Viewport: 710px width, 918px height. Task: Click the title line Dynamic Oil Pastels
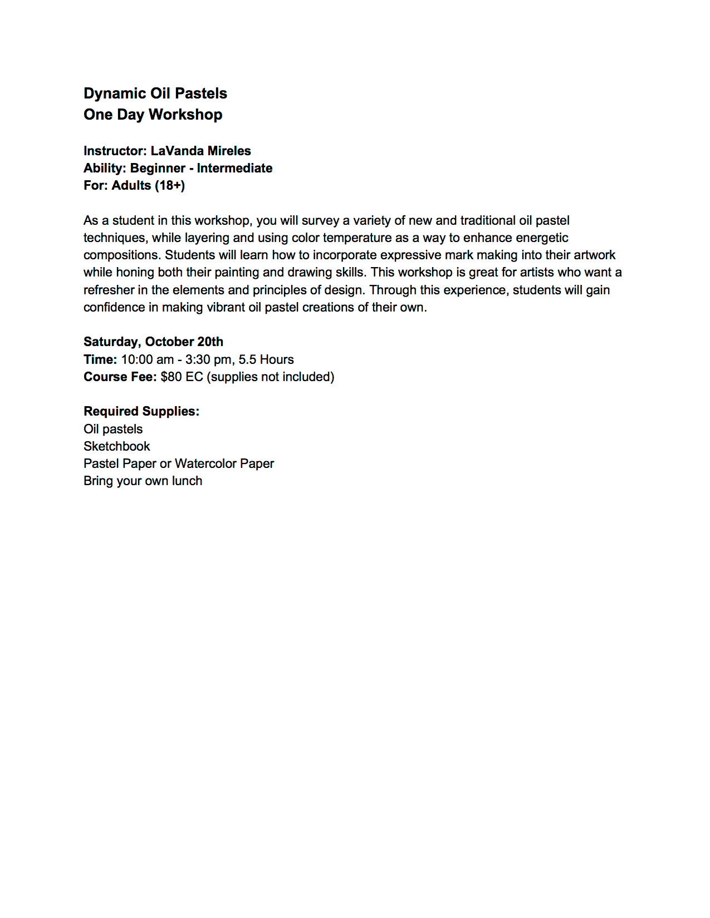155,93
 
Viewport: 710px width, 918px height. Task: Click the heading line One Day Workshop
153,115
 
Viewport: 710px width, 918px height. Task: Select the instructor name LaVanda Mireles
200,151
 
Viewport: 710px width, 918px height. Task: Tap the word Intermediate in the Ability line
234,168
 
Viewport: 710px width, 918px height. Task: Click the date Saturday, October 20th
153,342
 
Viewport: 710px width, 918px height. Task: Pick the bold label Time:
100,359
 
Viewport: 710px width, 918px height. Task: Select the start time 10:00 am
147,359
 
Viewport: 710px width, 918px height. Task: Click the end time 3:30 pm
208,359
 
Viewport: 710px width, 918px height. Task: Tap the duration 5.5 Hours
266,359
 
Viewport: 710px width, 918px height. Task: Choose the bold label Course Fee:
120,377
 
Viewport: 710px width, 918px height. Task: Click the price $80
171,377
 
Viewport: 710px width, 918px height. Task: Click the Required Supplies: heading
141,411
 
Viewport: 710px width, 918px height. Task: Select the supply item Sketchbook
117,446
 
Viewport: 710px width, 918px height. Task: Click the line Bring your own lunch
143,481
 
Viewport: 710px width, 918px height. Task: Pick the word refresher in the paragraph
109,290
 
